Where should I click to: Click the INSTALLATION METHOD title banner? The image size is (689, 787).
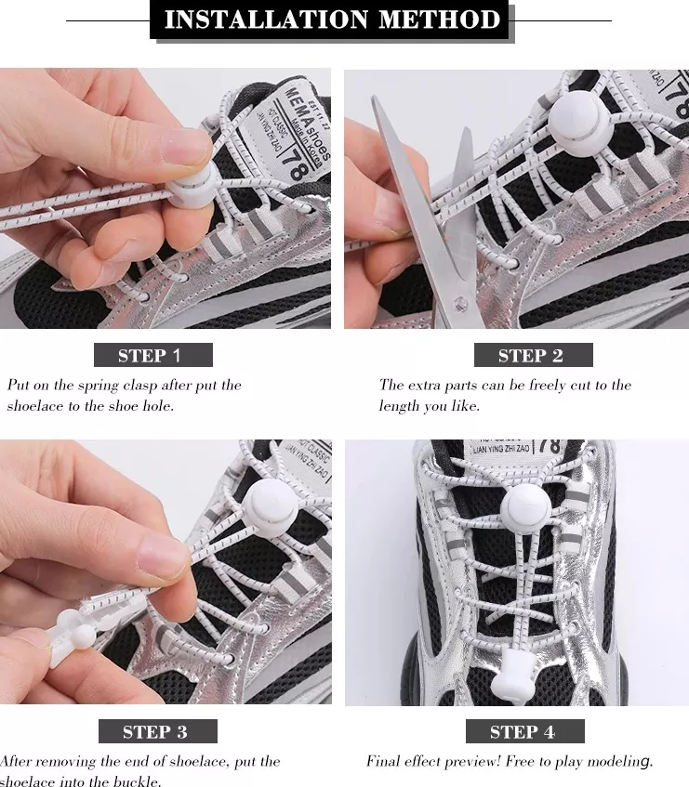point(332,20)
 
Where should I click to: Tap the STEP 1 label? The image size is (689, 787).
point(152,355)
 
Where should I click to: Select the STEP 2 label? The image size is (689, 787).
point(532,355)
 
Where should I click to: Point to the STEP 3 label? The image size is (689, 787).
point(156,731)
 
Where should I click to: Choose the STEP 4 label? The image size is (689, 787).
point(523,731)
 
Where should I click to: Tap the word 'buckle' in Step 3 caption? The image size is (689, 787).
point(138,781)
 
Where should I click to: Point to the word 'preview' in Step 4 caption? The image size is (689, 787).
point(475,761)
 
